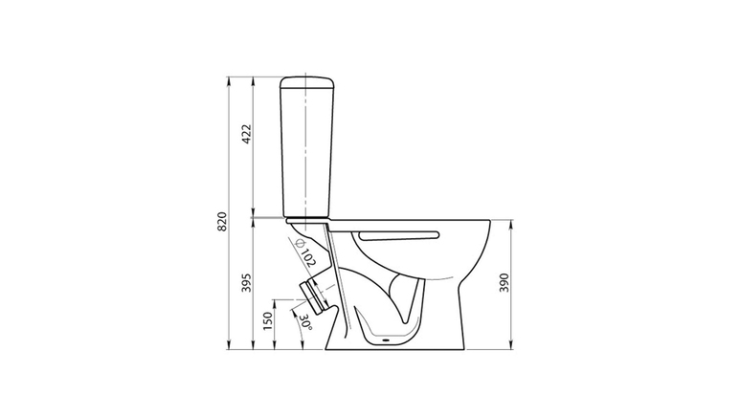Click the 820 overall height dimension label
click(x=222, y=222)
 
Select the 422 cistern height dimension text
click(x=247, y=135)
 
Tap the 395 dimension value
click(x=247, y=282)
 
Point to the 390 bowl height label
click(x=505, y=282)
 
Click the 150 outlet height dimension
click(x=268, y=321)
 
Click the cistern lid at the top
click(x=307, y=82)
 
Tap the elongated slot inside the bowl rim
click(x=399, y=235)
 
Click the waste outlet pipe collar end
click(x=313, y=296)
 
